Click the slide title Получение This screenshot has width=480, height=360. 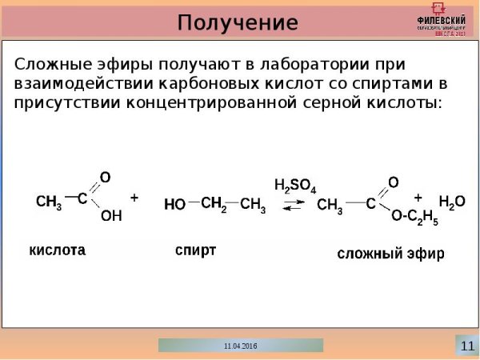tap(238, 21)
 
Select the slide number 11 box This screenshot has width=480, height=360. tap(466, 345)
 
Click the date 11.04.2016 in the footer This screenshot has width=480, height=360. tap(241, 346)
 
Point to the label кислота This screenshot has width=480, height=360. tap(58, 250)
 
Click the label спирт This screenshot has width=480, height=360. tap(195, 250)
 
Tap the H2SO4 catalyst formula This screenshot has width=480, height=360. tap(294, 186)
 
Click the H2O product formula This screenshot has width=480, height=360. tap(451, 202)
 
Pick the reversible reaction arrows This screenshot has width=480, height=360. tap(294, 205)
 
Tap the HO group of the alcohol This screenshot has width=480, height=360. tap(174, 205)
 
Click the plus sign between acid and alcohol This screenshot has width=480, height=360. tap(134, 196)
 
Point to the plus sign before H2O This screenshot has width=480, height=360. tap(418, 196)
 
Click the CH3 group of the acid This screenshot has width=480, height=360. tap(50, 203)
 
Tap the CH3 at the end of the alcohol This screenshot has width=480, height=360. tap(253, 205)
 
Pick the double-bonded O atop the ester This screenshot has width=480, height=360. tap(393, 181)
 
